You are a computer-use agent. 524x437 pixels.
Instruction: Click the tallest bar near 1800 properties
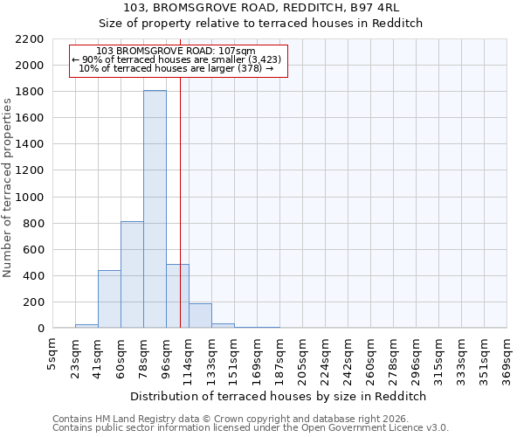point(155,210)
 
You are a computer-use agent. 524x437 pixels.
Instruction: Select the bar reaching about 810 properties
point(132,274)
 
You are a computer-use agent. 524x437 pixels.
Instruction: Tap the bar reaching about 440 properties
point(109,299)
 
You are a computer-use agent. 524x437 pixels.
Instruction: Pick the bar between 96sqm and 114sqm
point(177,296)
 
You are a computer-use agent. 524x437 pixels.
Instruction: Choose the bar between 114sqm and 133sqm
point(200,316)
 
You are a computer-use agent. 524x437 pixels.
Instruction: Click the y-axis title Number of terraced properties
point(8,188)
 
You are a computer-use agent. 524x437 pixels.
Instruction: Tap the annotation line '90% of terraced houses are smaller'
point(177,59)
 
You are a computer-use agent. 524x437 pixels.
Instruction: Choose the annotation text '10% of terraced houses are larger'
point(177,68)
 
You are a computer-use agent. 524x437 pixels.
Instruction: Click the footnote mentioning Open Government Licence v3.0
point(250,427)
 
